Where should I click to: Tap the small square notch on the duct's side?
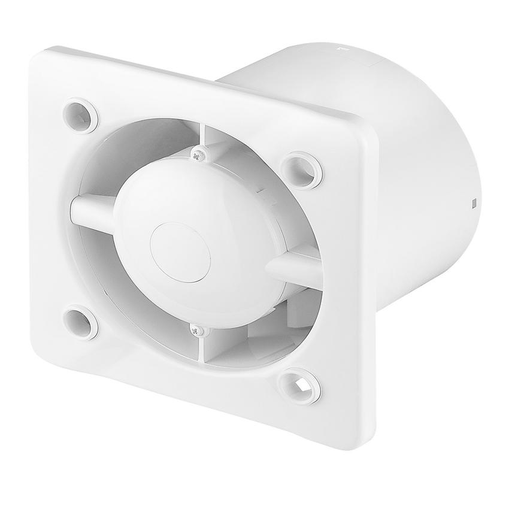tap(474, 202)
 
